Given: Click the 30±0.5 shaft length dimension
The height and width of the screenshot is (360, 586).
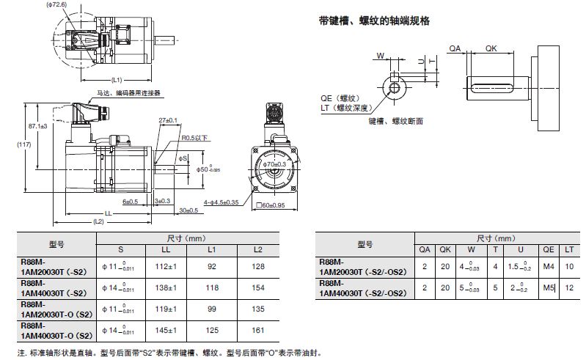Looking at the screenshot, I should point(189,210).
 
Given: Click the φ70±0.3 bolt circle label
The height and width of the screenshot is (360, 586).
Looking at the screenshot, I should point(274,164).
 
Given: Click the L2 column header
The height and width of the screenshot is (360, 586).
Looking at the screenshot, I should point(257,250).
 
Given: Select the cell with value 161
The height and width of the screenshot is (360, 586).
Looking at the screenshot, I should point(257,331).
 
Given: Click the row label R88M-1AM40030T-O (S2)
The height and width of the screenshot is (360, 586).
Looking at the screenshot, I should point(54,331).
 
